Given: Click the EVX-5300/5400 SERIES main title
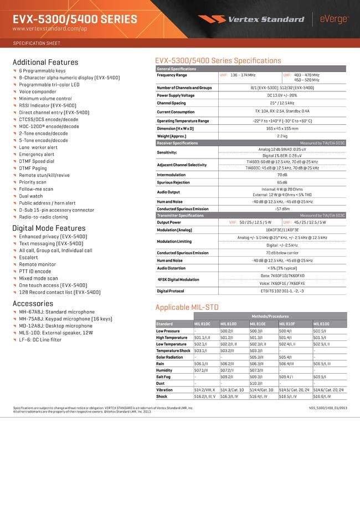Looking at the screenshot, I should pos(74,19).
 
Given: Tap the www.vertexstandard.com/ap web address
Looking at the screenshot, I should pos(49,28).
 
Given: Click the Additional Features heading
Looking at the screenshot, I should pos(45,62).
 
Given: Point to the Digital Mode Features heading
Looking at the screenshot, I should pos(49,228).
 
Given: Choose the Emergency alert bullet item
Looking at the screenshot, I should pos(37,154).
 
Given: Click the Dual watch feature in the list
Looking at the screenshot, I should pos(30,196).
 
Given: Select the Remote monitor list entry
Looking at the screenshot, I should pos(37,264).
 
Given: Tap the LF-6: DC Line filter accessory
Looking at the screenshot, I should pos(40,339).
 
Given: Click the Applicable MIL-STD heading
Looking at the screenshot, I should pos(187,307).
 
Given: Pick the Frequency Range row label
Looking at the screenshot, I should pos(172,75).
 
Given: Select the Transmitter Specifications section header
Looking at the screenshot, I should pos(180,215).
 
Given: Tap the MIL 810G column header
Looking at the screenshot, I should pos(321,324).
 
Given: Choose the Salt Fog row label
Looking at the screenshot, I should pos(164,376).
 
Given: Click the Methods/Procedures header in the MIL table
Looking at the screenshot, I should pos(269,316).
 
